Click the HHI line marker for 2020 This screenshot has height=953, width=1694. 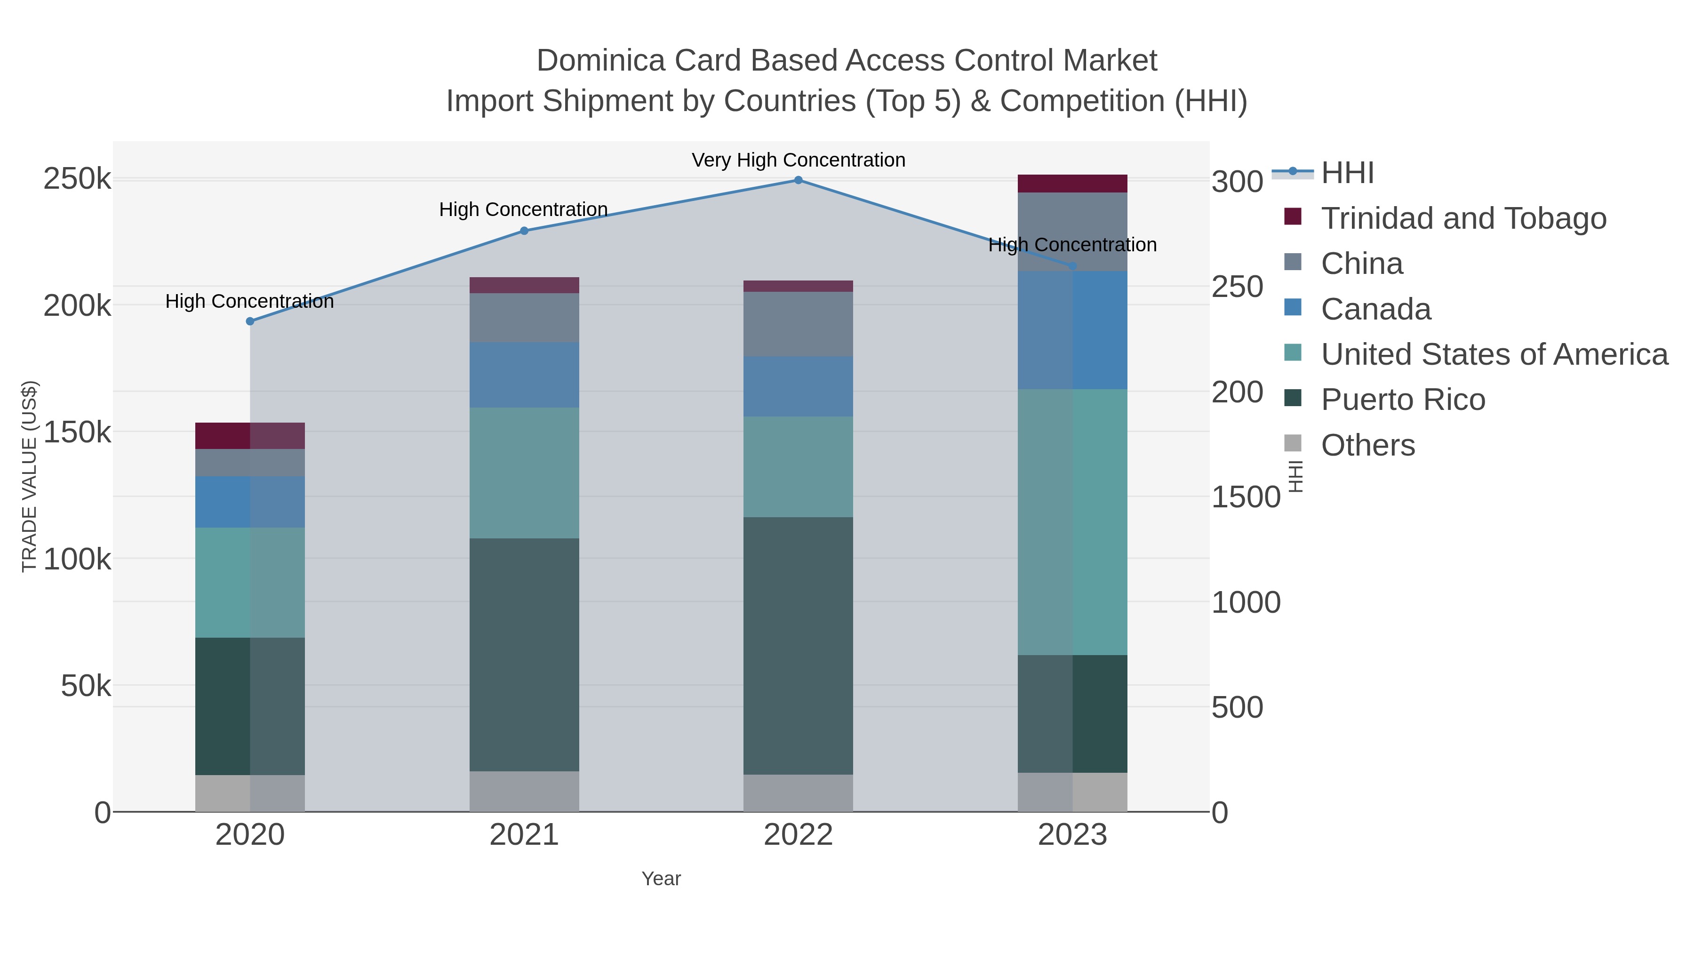pos(250,321)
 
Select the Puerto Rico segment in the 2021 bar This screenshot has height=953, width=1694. pos(524,655)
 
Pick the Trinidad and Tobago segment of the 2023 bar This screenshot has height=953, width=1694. pos(1072,184)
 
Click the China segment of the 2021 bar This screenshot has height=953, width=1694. pos(524,318)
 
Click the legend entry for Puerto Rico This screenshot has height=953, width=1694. pos(1403,400)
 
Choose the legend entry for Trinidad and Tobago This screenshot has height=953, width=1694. pos(1463,218)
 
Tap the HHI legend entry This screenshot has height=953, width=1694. pos(1347,173)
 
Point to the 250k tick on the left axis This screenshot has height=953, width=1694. pos(77,179)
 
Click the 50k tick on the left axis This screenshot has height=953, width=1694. pos(86,686)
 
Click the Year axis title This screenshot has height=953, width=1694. pos(661,879)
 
